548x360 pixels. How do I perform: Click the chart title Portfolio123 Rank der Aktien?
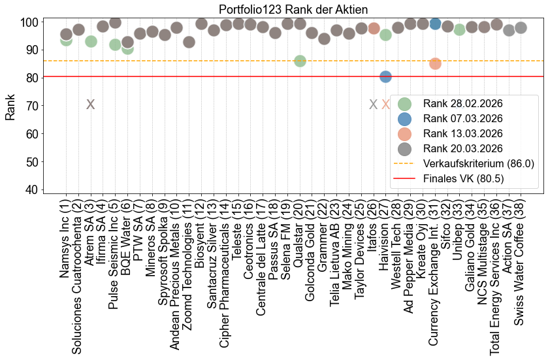(x=293, y=10)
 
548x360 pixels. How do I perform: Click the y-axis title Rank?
(x=10, y=106)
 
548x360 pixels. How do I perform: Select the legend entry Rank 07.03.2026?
(x=462, y=118)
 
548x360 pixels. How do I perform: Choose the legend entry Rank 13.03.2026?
(x=462, y=133)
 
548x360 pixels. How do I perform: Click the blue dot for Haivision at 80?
(x=385, y=76)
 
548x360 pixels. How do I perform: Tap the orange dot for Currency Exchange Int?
(x=435, y=63)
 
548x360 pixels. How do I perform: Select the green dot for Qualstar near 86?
(x=300, y=61)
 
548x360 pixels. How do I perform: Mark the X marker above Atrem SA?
(x=91, y=104)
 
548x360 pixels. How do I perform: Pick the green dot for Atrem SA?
(x=91, y=41)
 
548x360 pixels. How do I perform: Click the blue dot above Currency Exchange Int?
(x=435, y=24)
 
